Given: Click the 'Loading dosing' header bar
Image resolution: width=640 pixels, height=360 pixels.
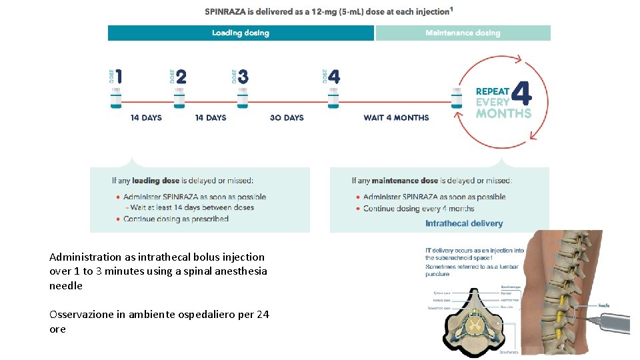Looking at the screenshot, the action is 241,33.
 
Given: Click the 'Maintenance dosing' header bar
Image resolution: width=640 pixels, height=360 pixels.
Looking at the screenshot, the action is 463,33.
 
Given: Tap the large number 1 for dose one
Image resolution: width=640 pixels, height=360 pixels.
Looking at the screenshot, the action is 119,77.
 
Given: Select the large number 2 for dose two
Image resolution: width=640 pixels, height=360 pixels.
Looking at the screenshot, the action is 181,77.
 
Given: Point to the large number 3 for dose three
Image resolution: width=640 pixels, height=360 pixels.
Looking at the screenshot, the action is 243,77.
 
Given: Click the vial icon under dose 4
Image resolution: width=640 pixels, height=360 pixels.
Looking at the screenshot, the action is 333,98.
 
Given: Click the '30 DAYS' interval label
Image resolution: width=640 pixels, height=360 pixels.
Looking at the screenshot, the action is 287,118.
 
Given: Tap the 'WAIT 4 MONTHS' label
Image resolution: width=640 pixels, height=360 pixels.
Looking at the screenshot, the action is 396,118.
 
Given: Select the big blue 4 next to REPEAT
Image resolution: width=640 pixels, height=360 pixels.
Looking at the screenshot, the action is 523,93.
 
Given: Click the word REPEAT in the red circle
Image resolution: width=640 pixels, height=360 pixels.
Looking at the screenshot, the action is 492,91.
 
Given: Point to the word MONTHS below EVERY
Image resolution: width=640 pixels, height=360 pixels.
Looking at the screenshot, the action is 503,113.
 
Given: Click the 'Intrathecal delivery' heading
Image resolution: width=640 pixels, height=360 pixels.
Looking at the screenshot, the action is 464,223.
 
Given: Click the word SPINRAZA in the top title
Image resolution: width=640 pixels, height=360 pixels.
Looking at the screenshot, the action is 227,11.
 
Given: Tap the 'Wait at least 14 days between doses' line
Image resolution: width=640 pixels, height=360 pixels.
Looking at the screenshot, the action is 189,207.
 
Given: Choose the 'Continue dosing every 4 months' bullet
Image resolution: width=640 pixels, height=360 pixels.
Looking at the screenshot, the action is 419,209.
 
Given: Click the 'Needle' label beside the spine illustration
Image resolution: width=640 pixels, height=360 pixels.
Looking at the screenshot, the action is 603,305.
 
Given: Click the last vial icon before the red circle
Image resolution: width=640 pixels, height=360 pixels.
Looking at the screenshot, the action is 456,98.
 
